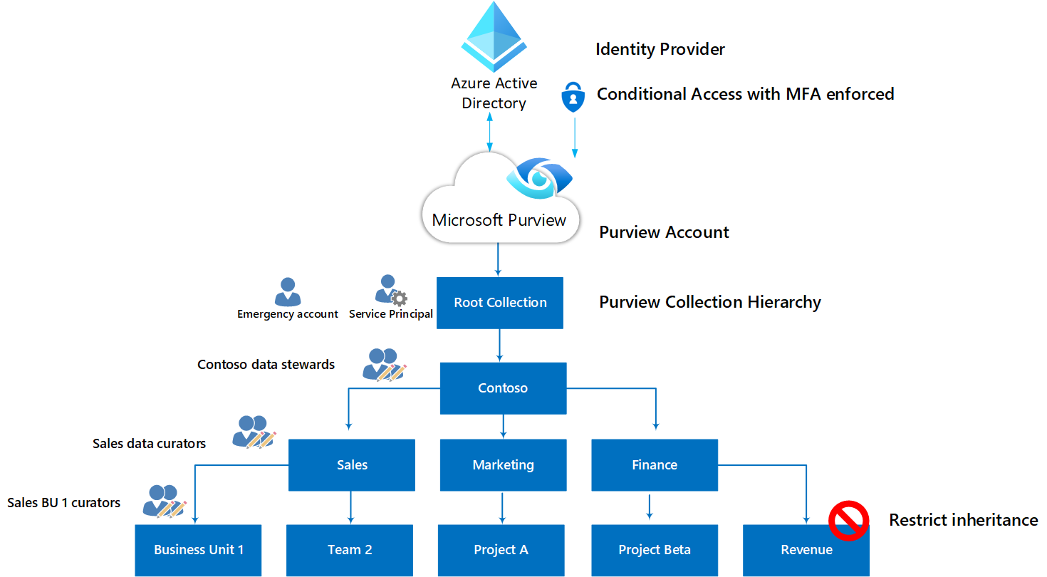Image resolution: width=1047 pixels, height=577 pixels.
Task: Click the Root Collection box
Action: [500, 303]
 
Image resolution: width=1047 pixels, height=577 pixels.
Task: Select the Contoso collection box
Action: [503, 388]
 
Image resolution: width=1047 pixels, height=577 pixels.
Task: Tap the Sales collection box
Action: [352, 464]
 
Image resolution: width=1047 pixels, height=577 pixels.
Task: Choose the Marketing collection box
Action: [503, 464]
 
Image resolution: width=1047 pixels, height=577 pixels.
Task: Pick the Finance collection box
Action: [655, 464]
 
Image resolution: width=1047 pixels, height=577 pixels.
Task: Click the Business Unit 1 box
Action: [199, 550]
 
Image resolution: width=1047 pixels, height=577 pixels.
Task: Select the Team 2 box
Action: [350, 550]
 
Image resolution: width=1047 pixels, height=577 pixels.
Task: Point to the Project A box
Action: [501, 550]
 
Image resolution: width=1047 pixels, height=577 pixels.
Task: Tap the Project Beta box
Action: [655, 550]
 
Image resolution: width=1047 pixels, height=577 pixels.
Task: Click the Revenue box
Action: [806, 550]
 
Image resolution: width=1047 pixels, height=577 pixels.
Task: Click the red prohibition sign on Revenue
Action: [848, 521]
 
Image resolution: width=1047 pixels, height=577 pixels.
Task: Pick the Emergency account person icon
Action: [288, 292]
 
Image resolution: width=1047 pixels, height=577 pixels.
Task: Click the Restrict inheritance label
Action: [963, 520]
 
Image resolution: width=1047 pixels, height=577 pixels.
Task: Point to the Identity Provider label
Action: [660, 49]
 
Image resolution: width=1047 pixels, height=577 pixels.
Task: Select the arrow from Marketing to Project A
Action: [503, 507]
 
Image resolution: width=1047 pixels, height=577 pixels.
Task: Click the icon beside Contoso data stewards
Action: [385, 365]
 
